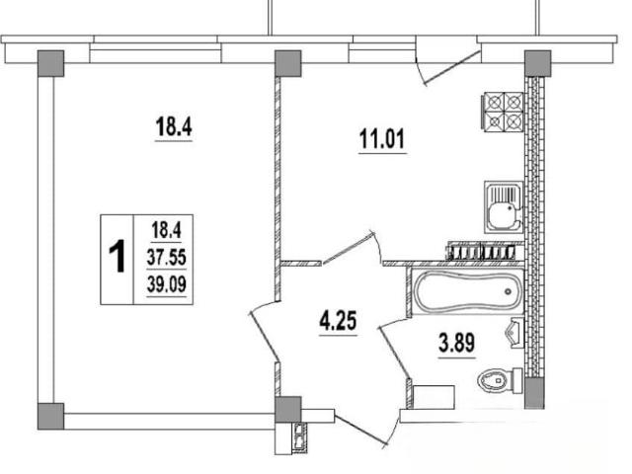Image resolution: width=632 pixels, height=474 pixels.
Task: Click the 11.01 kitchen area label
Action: click(382, 139)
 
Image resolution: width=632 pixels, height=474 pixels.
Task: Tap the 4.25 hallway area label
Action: click(338, 321)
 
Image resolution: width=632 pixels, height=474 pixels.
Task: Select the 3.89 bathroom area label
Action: click(456, 343)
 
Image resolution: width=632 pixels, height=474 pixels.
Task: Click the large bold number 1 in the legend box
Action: click(118, 257)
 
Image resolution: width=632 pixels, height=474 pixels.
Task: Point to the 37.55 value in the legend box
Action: click(167, 257)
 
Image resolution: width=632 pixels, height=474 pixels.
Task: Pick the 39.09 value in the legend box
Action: click(167, 284)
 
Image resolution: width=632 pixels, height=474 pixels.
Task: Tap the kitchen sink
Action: click(504, 207)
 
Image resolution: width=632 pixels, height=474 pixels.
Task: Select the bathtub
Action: click(467, 291)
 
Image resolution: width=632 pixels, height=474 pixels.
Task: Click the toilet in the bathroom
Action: click(500, 380)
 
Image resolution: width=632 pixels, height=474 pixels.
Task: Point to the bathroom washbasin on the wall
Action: click(514, 333)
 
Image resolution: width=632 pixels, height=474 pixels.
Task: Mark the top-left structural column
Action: click(50, 63)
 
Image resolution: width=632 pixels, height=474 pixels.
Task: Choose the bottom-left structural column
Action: click(50, 416)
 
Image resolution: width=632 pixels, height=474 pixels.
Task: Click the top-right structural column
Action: click(537, 63)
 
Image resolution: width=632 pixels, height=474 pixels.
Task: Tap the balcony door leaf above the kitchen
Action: click(452, 68)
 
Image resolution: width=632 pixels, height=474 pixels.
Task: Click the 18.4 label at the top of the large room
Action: click(174, 126)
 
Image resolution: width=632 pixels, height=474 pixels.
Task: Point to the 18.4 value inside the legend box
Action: click(167, 230)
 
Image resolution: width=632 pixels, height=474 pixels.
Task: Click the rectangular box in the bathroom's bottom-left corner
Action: click(434, 397)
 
